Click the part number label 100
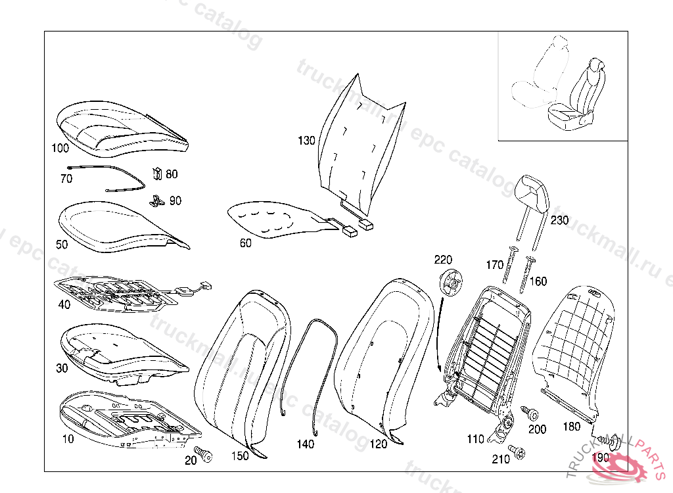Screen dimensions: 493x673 (x=60, y=148)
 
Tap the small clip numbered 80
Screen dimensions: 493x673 (x=156, y=174)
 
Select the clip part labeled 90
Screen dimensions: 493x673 (x=156, y=200)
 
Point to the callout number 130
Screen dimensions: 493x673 (x=306, y=141)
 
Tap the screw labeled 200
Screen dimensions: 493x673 (x=530, y=414)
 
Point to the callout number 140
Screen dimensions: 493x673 (x=306, y=444)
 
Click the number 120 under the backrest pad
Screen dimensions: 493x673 (x=379, y=444)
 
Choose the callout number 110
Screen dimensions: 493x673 (x=475, y=439)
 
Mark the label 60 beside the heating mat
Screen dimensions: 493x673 (x=245, y=243)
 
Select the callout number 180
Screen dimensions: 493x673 (x=572, y=427)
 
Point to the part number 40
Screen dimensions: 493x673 (x=64, y=304)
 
